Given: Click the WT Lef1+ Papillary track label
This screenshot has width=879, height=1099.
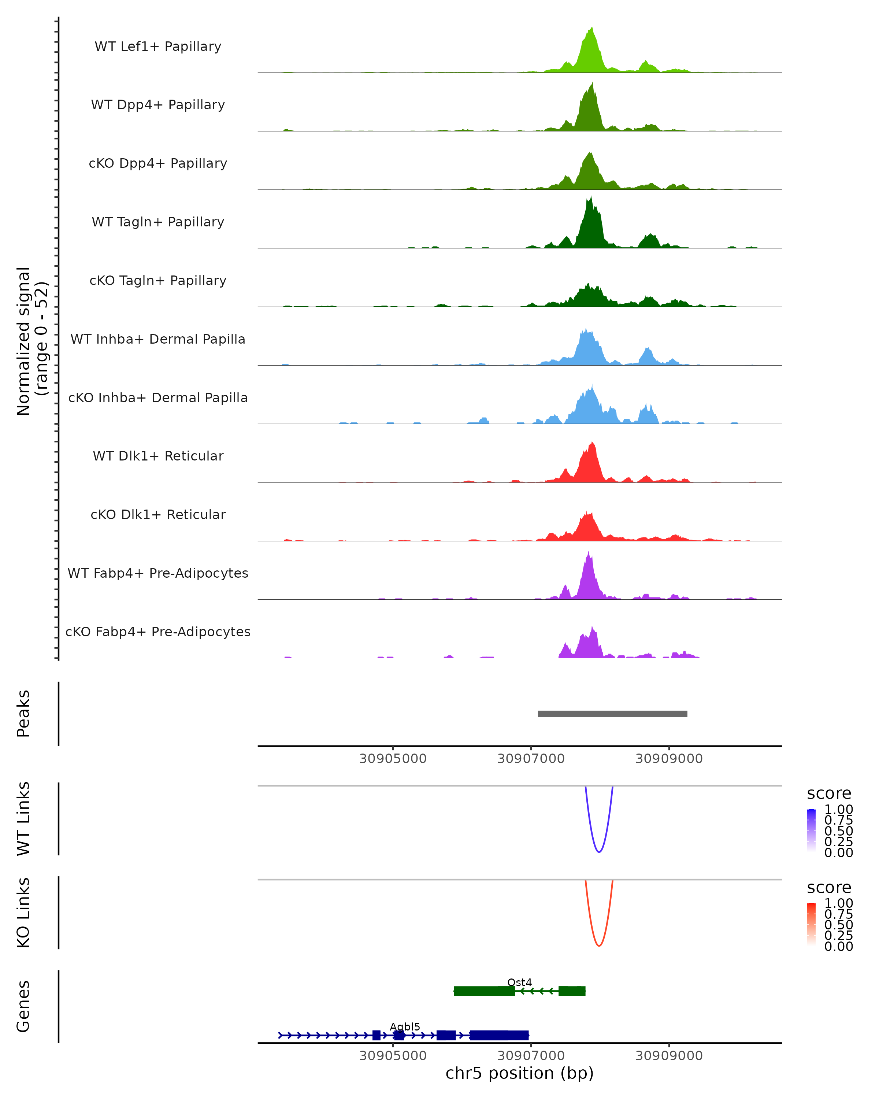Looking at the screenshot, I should (x=158, y=47).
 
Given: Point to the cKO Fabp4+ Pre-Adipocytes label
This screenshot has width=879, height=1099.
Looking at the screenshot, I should (x=158, y=632).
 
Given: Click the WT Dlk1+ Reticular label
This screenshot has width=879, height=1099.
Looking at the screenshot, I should (x=158, y=456).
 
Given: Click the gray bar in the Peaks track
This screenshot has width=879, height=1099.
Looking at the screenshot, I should (x=612, y=714).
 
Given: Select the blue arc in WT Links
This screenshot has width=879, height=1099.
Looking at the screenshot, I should (x=599, y=851).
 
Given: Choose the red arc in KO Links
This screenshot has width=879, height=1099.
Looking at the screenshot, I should (x=599, y=946).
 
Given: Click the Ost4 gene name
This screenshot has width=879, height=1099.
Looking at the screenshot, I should (x=519, y=982).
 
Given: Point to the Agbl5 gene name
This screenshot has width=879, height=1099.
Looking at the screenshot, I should (x=405, y=1026).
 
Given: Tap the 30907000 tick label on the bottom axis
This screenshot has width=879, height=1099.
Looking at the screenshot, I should (x=531, y=1056).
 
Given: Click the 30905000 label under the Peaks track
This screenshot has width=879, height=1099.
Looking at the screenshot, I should (x=393, y=759).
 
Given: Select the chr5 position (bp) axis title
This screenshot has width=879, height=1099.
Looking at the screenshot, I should (x=519, y=1073).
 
